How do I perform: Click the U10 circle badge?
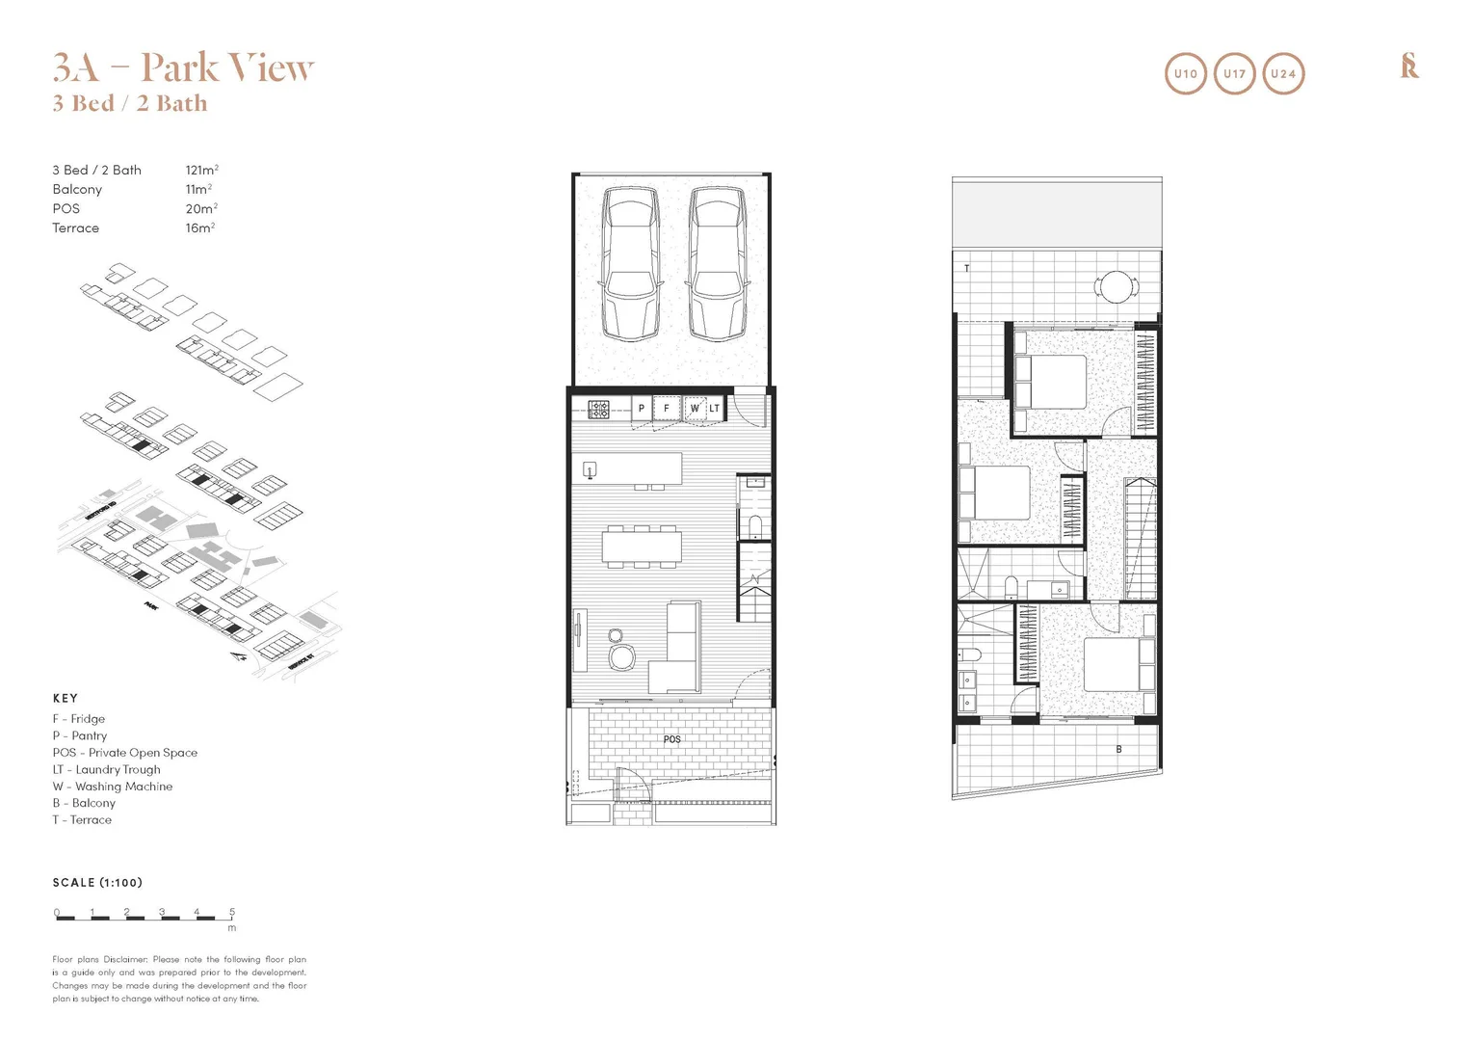1185,73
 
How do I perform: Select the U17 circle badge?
1234,73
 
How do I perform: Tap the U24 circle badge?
1283,73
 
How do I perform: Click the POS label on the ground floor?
671,739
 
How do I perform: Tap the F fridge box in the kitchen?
666,409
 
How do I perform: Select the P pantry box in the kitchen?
642,409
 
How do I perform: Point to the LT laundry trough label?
715,409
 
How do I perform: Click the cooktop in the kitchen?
598,409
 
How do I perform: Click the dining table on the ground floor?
642,547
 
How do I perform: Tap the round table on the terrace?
1117,286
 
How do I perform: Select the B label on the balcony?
1118,749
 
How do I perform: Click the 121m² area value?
201,170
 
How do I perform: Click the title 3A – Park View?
183,67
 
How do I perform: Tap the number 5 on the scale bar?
232,911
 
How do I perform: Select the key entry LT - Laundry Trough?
106,769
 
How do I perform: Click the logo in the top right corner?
1408,67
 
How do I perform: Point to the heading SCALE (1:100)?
97,882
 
